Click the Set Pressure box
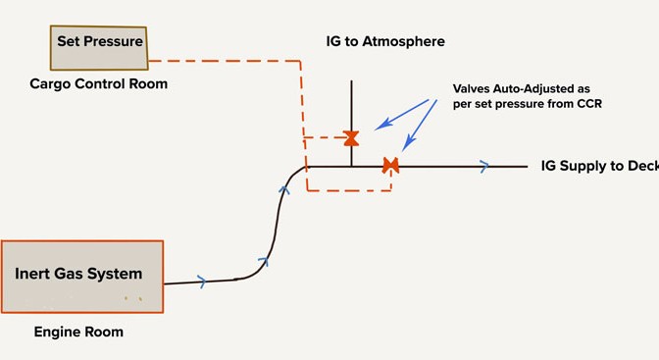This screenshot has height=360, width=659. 99,47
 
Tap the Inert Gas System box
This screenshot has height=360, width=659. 82,277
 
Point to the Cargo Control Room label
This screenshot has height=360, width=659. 99,83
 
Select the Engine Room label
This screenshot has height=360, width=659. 78,332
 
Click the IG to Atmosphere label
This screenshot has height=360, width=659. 385,41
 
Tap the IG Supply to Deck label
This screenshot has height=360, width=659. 600,166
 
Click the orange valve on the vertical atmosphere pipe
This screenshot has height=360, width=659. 351,138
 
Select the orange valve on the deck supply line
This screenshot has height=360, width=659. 391,166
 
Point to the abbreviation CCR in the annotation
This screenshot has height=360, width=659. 590,103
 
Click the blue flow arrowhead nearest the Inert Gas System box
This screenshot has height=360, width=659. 202,282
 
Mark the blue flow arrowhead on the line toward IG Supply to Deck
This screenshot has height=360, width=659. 484,166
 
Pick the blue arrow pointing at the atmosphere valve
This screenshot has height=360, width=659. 401,115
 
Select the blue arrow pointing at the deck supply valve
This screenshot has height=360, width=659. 420,126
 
